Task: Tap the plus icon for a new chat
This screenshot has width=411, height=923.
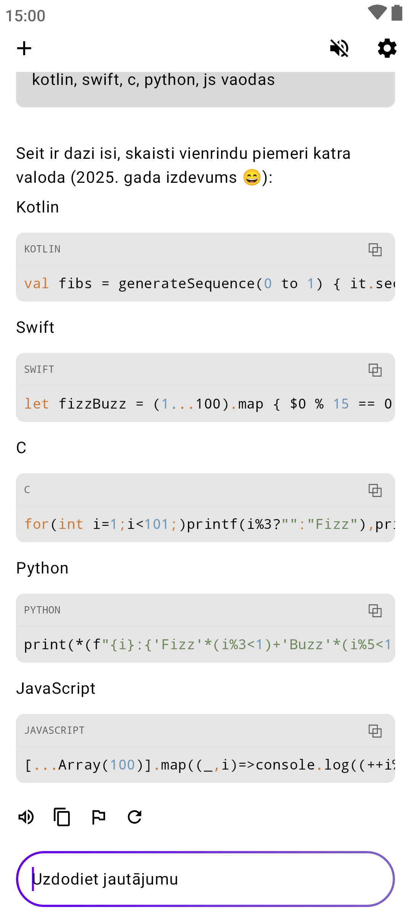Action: coord(24,48)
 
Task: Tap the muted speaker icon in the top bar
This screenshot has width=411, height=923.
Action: coord(339,48)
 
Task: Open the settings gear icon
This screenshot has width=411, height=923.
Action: coord(387,48)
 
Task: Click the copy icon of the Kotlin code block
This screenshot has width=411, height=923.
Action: coord(375,249)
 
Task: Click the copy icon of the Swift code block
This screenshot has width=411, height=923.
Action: coord(375,370)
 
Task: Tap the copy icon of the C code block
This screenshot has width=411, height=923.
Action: coord(375,490)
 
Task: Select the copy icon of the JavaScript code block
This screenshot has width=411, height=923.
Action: coord(375,731)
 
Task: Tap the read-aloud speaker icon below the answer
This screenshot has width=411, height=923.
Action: coord(26,817)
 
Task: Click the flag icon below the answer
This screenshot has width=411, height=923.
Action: coord(99,817)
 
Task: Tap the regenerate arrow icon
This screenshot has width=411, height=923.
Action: coord(135,817)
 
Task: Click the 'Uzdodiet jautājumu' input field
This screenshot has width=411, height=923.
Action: coord(205,879)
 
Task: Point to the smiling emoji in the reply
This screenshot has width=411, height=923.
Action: coord(252,177)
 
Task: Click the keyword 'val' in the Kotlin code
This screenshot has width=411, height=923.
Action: coord(37,284)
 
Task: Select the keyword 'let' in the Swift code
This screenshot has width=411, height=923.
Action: coord(37,404)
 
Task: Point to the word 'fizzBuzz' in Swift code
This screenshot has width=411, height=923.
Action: coord(92,404)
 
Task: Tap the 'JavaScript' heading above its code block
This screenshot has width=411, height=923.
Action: coord(56,688)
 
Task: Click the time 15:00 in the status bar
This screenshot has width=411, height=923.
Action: coord(25,16)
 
